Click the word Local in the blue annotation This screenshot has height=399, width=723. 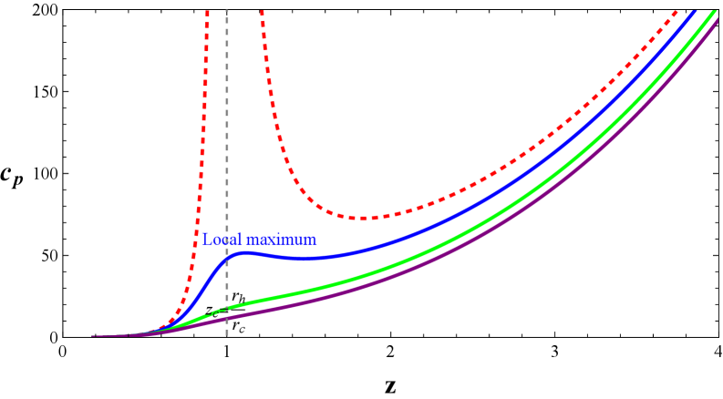click(220, 240)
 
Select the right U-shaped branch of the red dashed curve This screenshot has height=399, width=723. click(301, 182)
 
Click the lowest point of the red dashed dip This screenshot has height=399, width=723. click(365, 219)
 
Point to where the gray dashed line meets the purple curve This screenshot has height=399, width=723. click(227, 318)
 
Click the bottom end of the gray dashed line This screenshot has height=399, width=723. click(227, 335)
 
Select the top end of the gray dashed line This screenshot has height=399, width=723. click(227, 11)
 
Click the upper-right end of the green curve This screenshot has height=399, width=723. click(710, 11)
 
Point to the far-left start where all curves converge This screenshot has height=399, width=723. click(94, 336)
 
